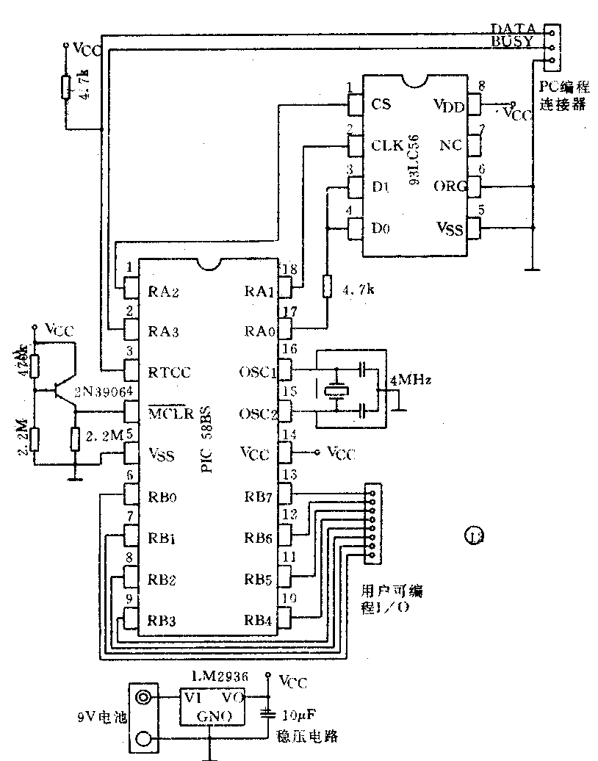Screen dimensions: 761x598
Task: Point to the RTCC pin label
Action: pos(170,372)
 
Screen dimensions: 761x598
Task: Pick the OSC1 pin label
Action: pos(259,372)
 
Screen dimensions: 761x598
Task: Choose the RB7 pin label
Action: pos(259,497)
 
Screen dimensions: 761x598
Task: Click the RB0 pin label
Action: pos(164,497)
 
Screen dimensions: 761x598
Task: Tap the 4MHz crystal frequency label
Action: pos(411,380)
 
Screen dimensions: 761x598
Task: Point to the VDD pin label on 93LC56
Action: pos(450,106)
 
